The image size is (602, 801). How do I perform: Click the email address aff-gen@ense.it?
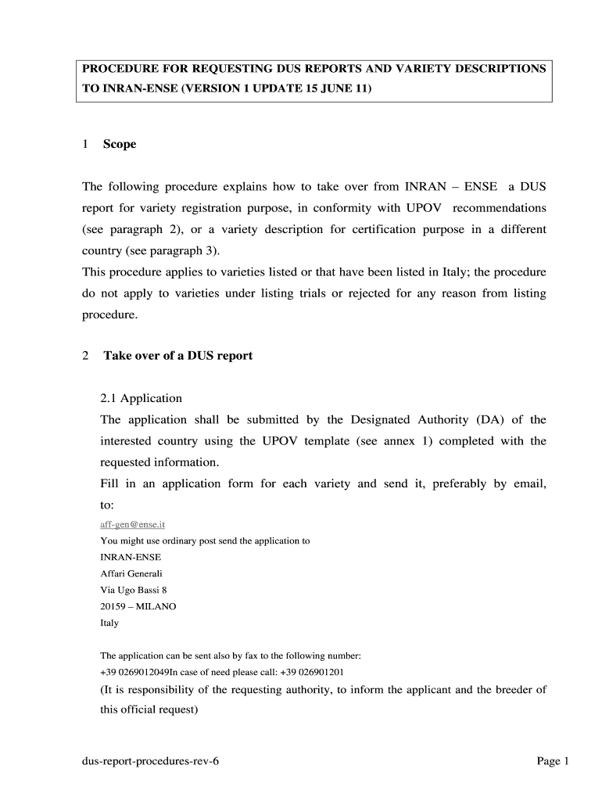(132, 525)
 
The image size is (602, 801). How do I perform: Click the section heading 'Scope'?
(120, 144)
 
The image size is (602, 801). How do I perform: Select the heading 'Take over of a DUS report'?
(178, 356)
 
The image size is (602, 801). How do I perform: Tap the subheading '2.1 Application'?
(141, 398)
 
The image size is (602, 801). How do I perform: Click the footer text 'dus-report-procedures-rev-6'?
(149, 762)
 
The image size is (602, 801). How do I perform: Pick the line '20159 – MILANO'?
(138, 606)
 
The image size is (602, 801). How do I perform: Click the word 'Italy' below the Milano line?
(109, 623)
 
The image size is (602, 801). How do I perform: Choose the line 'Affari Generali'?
(131, 573)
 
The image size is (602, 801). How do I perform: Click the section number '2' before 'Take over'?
(85, 356)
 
